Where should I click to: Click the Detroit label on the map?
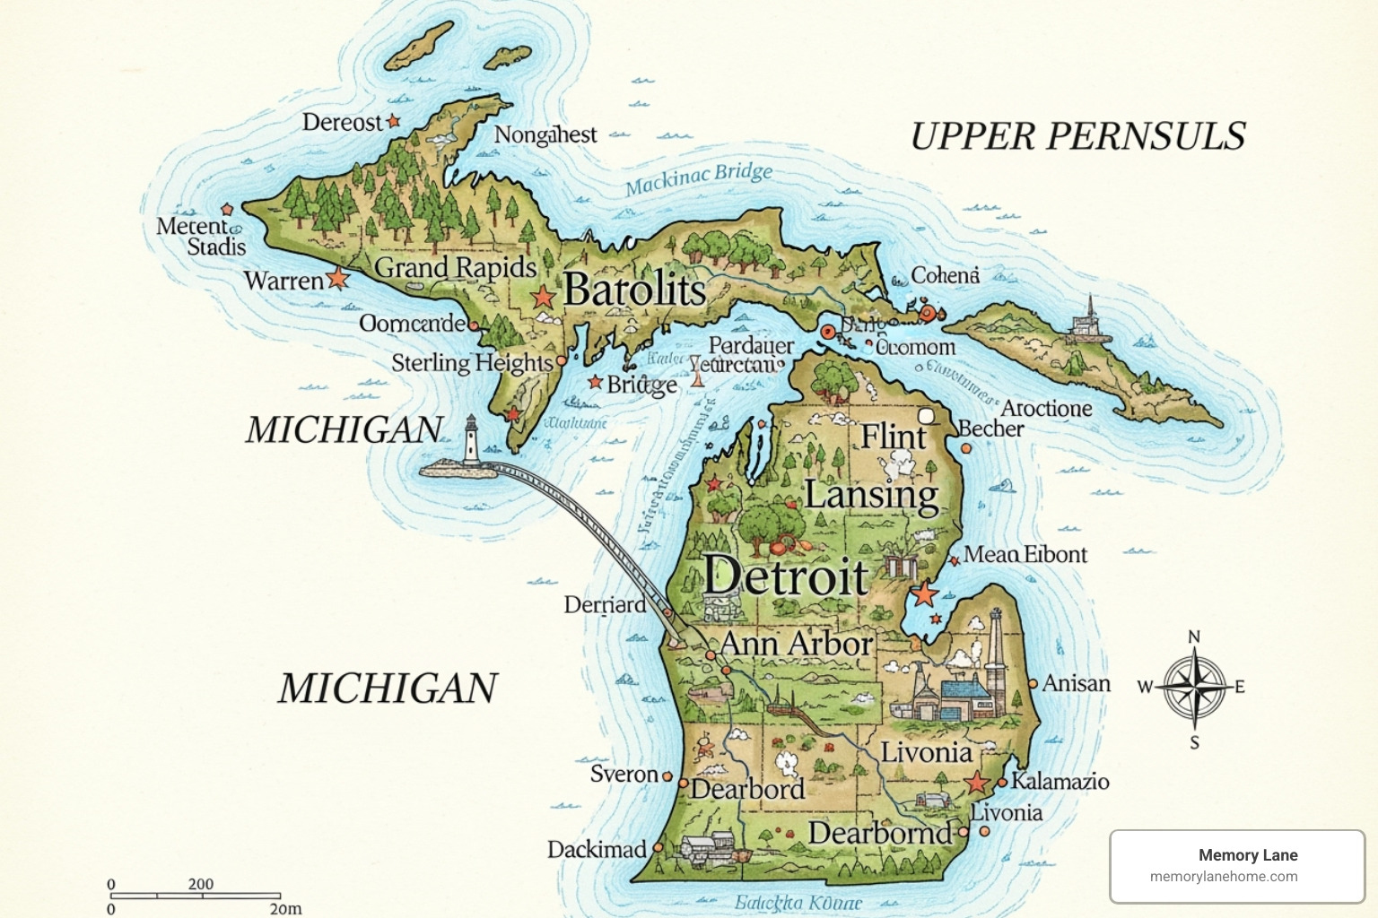[x=786, y=576]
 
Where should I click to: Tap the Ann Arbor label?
[x=796, y=643]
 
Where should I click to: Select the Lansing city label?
[x=870, y=495]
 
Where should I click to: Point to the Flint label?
[x=893, y=437]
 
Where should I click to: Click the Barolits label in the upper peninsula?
[x=634, y=290]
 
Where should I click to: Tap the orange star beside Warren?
[x=337, y=278]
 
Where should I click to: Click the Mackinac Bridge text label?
[x=698, y=178]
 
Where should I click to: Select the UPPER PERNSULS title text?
[x=1077, y=136]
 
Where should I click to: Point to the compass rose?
[x=1194, y=688]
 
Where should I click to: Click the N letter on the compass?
[x=1194, y=637]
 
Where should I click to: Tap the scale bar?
[x=196, y=895]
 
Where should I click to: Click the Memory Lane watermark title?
[x=1247, y=855]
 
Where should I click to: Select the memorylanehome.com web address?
[x=1224, y=877]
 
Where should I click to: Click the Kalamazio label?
[x=1060, y=781]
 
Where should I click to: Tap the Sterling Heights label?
[x=472, y=362]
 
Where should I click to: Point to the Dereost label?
[x=342, y=122]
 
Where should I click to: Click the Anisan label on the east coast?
[x=1076, y=683]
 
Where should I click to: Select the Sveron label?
[x=624, y=774]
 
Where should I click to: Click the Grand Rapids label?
[x=455, y=267]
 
